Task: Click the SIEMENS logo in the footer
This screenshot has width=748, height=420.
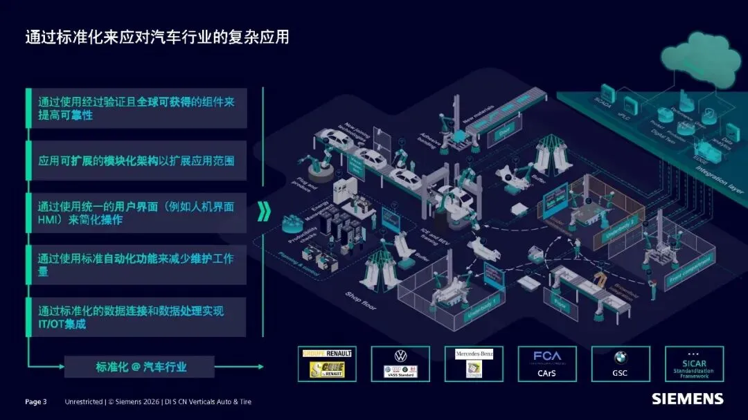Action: click(687, 399)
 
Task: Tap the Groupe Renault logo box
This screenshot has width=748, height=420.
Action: click(327, 364)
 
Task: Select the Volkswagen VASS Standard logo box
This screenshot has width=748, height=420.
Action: click(400, 364)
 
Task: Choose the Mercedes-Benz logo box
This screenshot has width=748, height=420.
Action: click(474, 364)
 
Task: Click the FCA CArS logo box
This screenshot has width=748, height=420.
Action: click(547, 364)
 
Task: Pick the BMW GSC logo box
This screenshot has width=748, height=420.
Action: click(621, 364)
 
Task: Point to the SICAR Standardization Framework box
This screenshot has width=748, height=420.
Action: click(694, 364)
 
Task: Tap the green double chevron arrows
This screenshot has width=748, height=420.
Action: click(264, 212)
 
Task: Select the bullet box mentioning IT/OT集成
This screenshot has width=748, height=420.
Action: click(136, 318)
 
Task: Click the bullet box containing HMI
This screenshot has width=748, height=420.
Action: click(136, 213)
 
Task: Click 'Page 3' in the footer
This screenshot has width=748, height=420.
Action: click(36, 401)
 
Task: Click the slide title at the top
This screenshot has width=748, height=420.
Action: click(157, 37)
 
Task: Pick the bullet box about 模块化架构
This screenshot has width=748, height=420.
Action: click(136, 161)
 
